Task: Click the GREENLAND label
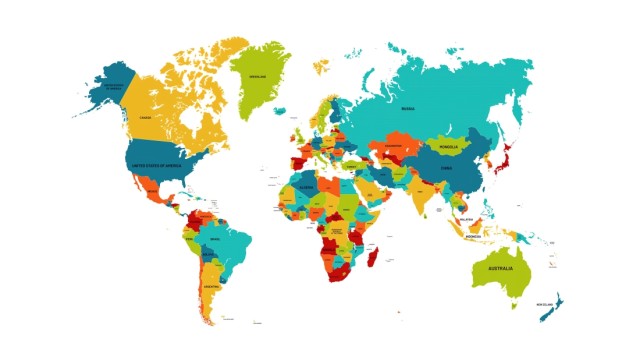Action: tap(258, 75)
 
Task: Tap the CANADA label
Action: tap(145, 117)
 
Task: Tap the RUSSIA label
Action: tap(408, 108)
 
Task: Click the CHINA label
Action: tap(446, 168)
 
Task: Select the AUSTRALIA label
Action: tap(500, 269)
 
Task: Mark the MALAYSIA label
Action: tap(466, 219)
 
